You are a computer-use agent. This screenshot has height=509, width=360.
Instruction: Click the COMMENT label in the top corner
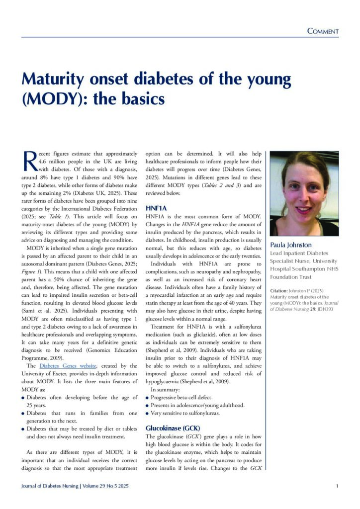(x=323, y=31)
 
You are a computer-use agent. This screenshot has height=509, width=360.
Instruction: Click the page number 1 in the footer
(x=337, y=486)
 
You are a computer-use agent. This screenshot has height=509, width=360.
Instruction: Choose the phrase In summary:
(x=166, y=390)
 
